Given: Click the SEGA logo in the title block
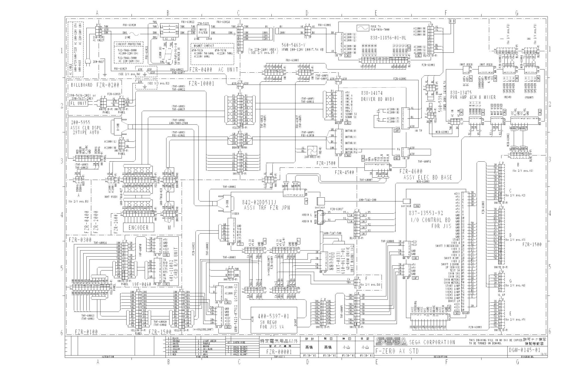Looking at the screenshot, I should (391, 341).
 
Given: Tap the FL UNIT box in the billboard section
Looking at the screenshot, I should (79, 103).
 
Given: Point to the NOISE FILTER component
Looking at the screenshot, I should (203, 31).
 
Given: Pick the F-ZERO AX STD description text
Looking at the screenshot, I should (397, 351).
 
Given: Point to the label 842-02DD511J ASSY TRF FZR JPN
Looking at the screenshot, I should (264, 205).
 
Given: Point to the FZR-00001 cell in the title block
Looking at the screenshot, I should (279, 352).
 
